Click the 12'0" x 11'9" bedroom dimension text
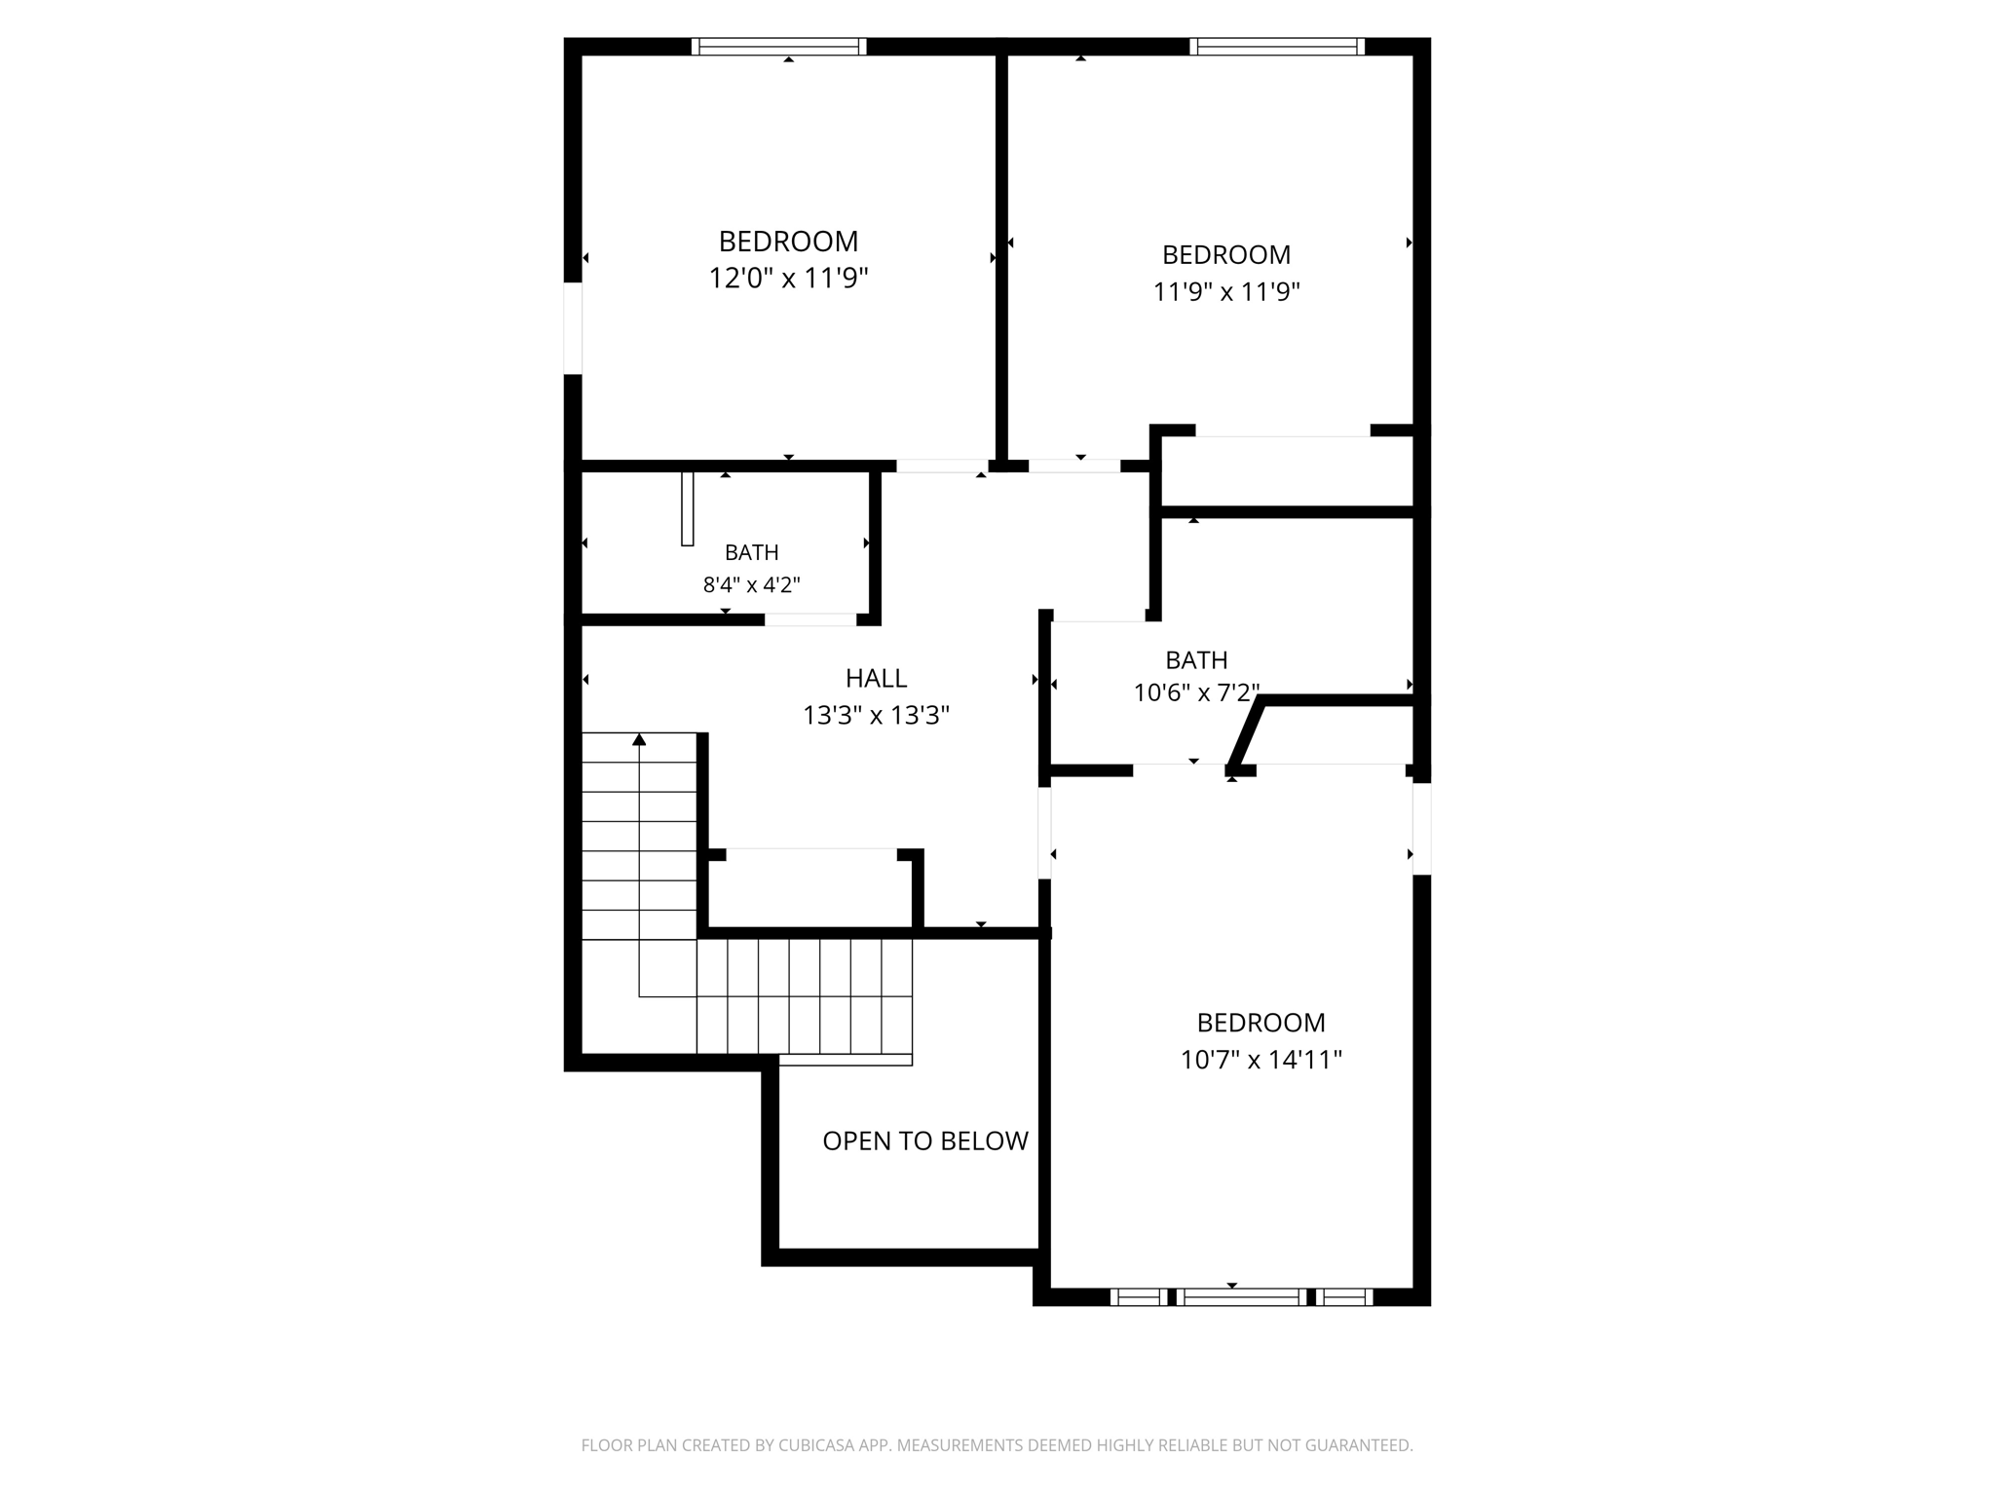[788, 279]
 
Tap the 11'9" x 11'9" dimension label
[1226, 292]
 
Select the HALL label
[876, 678]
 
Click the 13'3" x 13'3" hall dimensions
[876, 716]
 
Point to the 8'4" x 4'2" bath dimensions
[751, 585]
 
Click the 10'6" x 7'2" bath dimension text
[1196, 692]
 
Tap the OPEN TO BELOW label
[924, 1141]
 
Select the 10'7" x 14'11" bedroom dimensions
[1261, 1060]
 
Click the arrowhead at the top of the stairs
[639, 740]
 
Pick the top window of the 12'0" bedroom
[778, 46]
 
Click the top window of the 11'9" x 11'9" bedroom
[1276, 46]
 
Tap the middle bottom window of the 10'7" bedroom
[1241, 1296]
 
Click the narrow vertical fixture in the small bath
[687, 508]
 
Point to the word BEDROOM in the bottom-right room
[1261, 1023]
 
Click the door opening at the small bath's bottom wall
[809, 619]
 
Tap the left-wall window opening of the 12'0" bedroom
[573, 328]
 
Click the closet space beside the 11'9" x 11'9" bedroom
[1286, 471]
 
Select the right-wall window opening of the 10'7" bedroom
[1421, 829]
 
